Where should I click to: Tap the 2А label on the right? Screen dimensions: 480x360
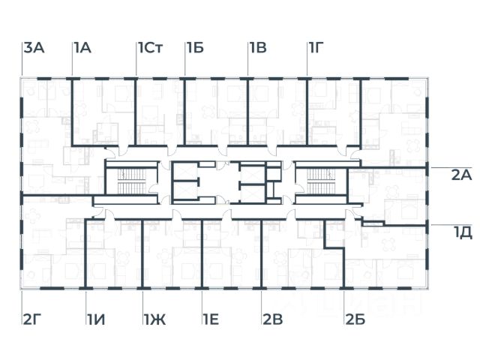pos(460,175)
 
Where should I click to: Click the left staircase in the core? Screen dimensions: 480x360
pos(130,181)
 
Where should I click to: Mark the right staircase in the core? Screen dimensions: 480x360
pos(320,181)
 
